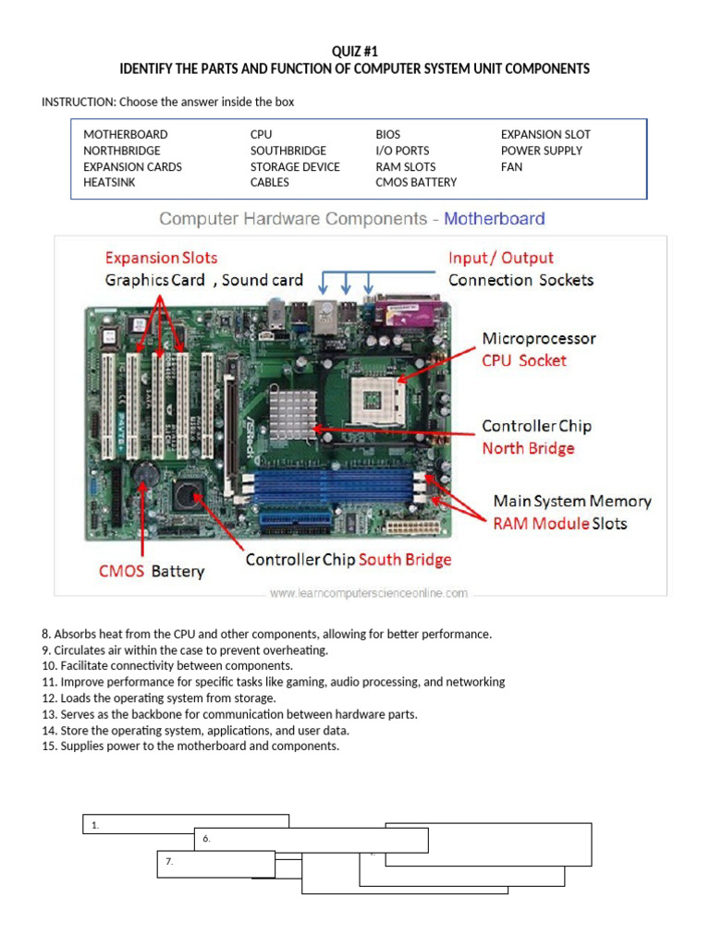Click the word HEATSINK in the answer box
(108, 183)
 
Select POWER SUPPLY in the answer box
(541, 151)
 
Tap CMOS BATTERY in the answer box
(415, 183)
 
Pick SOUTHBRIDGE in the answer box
(288, 151)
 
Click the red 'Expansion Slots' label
(161, 258)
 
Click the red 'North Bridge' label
(528, 448)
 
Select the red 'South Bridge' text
(405, 560)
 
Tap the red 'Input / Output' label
(500, 258)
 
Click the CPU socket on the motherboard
(384, 399)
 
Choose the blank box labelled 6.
(311, 840)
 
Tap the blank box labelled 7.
(215, 863)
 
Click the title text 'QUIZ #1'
(355, 51)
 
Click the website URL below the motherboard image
(368, 593)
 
